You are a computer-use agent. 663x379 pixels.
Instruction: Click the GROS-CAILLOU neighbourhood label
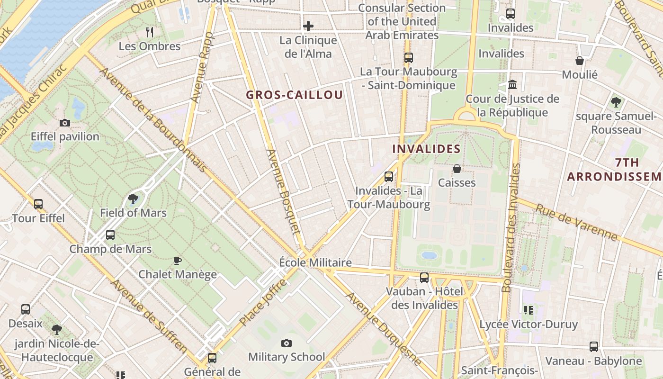coord(294,95)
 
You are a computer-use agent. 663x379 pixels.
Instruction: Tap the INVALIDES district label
coord(426,149)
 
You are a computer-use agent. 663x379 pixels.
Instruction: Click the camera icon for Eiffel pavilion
coord(65,123)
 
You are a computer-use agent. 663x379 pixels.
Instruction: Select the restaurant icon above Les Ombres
coord(150,32)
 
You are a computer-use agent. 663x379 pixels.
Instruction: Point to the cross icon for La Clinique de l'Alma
coord(308,26)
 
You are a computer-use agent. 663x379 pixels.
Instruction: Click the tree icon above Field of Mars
coord(133,199)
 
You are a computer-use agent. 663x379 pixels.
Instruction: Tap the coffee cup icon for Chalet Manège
coord(177,261)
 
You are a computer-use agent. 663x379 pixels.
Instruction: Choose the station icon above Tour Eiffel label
coord(38,204)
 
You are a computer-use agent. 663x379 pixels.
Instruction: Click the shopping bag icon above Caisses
coord(457,169)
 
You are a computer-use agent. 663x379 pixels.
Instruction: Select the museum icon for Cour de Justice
coord(512,85)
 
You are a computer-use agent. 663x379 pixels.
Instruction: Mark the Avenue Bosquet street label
coord(284,191)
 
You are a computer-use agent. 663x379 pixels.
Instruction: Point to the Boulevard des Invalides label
coord(511,227)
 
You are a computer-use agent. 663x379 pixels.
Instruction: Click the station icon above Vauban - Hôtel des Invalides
coord(424,278)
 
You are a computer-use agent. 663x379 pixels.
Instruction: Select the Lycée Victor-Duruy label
coord(529,325)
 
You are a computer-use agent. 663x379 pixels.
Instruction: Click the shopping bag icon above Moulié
coord(580,61)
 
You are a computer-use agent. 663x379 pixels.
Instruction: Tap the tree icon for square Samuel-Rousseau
coord(616,102)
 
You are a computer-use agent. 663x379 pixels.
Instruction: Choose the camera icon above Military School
coord(287,343)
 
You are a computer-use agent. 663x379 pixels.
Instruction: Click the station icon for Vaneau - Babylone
coord(594,347)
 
